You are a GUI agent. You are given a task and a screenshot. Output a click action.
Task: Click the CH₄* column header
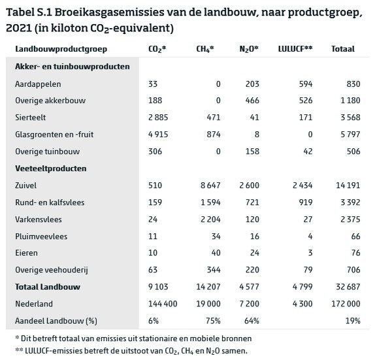click(205, 49)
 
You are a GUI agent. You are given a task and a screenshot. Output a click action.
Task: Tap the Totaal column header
click(344, 49)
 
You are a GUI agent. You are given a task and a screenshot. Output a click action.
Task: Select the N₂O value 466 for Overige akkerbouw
click(252, 100)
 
